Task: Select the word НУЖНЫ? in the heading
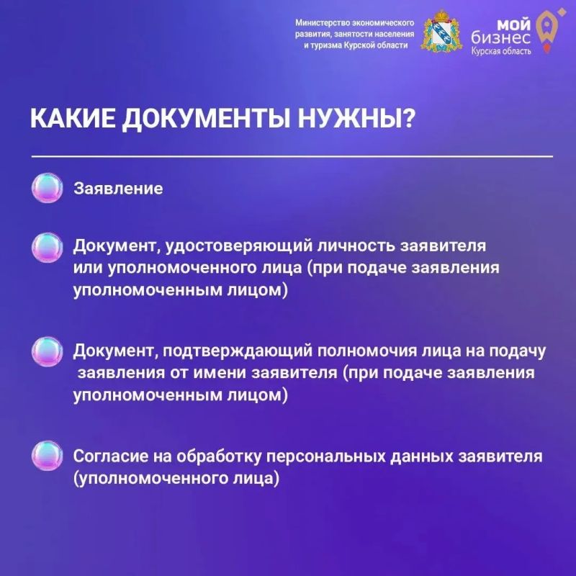[356, 118]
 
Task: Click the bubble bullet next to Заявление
[47, 188]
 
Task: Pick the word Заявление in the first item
[118, 189]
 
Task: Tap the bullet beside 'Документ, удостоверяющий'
[47, 247]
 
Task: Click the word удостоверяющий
[238, 246]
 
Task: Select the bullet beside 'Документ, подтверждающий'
[47, 351]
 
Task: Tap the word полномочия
[367, 351]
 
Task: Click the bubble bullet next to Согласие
[47, 456]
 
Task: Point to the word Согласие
[110, 456]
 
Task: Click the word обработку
[219, 456]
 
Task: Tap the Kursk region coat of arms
[442, 31]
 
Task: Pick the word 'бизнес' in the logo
[500, 38]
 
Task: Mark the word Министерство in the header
[323, 23]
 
